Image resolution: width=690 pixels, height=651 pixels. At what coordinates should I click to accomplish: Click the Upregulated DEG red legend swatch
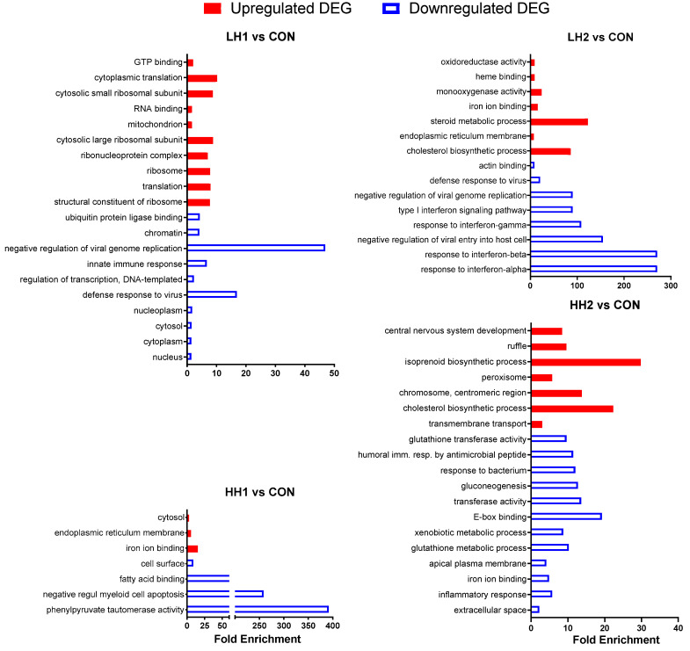pyautogui.click(x=212, y=9)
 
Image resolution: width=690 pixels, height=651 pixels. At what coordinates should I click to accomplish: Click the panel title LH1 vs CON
pyautogui.click(x=259, y=36)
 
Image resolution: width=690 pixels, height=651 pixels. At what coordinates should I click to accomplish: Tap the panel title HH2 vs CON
pyautogui.click(x=603, y=305)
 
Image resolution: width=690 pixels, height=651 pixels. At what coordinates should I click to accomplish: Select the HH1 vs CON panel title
pyautogui.click(x=259, y=491)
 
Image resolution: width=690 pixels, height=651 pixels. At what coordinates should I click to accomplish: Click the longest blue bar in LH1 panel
pyautogui.click(x=256, y=248)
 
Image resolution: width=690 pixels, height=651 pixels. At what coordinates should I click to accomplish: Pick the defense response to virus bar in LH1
pyautogui.click(x=212, y=294)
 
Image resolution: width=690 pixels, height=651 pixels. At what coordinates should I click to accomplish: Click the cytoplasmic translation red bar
pyautogui.click(x=201, y=78)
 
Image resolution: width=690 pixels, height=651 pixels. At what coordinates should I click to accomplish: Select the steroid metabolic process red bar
pyautogui.click(x=559, y=121)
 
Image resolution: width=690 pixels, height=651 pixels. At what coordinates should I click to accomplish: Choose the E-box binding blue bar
pyautogui.click(x=566, y=517)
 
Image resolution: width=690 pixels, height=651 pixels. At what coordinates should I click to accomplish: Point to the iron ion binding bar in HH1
pyautogui.click(x=192, y=548)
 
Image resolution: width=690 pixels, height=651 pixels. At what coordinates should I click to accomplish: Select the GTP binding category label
pyautogui.click(x=158, y=62)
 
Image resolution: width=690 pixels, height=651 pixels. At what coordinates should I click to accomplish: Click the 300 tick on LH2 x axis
pyautogui.click(x=670, y=286)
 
